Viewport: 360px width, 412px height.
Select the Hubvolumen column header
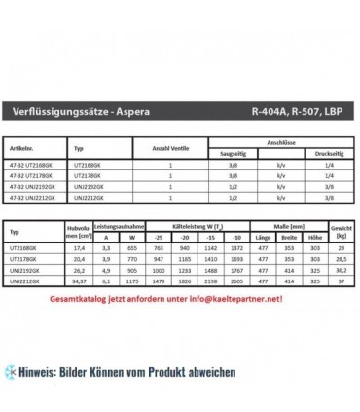pyautogui.click(x=79, y=205)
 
